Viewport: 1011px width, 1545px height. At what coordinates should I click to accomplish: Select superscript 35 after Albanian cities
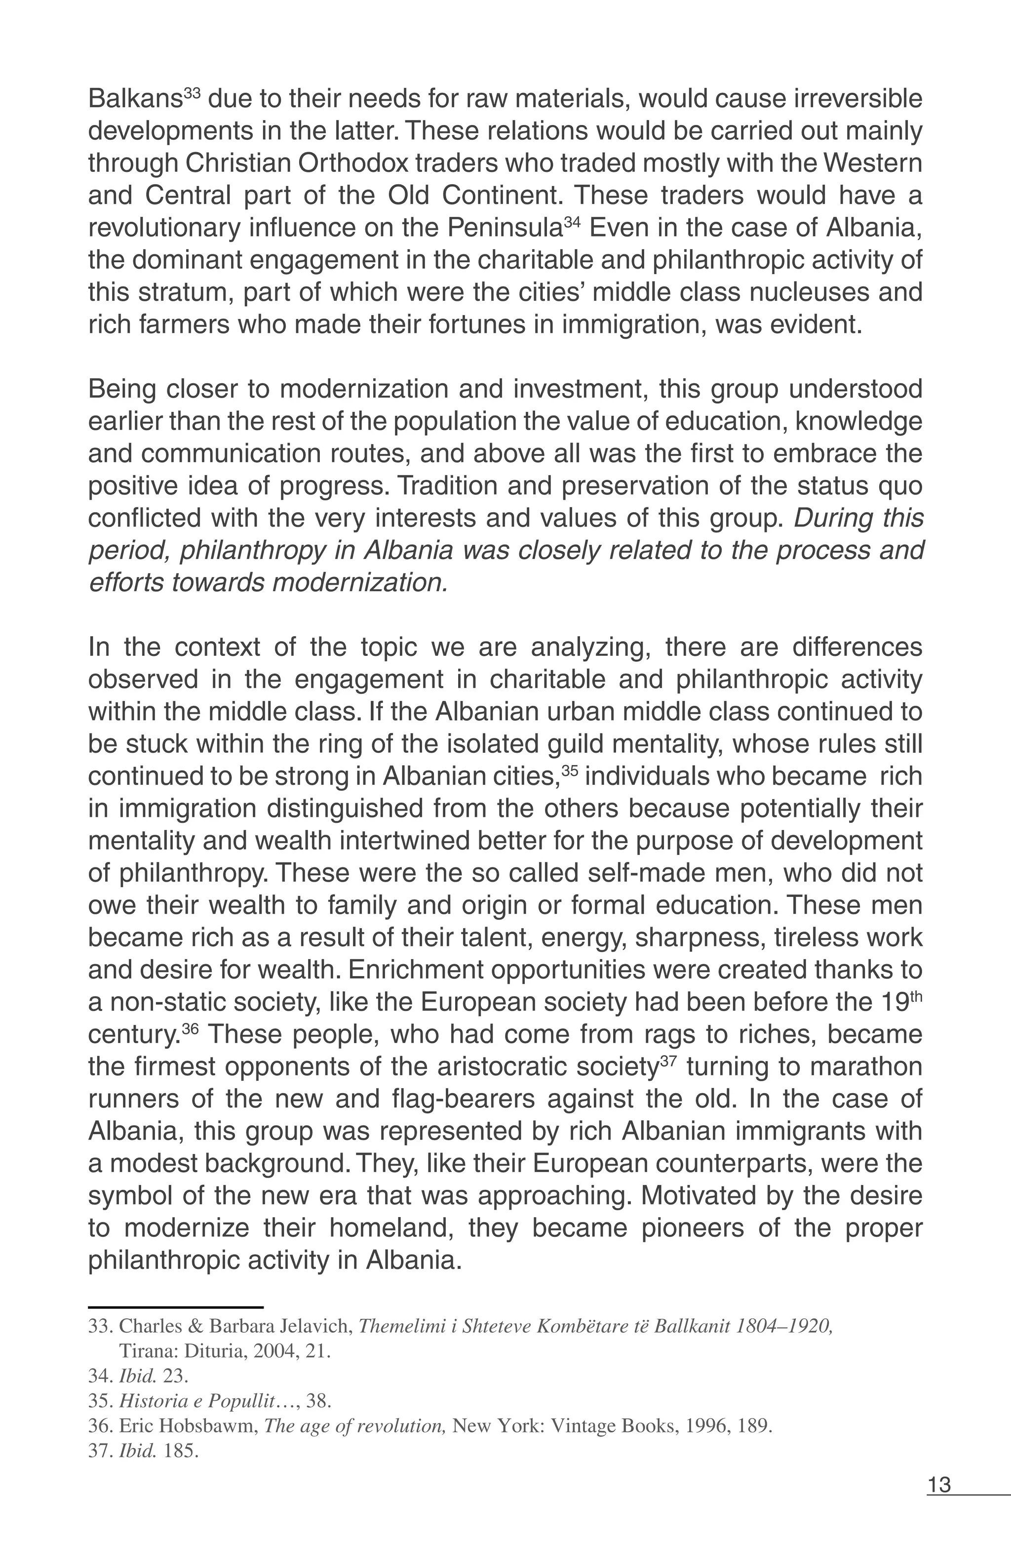click(569, 770)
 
